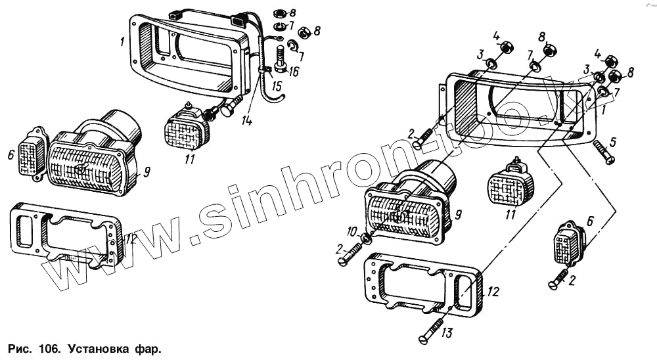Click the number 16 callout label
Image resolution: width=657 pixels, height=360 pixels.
[x=292, y=72]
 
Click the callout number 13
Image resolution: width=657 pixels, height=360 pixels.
[x=447, y=333]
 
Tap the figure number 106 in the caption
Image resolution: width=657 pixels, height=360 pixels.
[x=45, y=347]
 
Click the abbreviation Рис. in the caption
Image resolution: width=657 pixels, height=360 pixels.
[x=18, y=347]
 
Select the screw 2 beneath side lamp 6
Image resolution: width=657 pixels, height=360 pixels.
[x=558, y=279]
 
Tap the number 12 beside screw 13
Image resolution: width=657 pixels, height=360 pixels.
[x=493, y=290]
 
